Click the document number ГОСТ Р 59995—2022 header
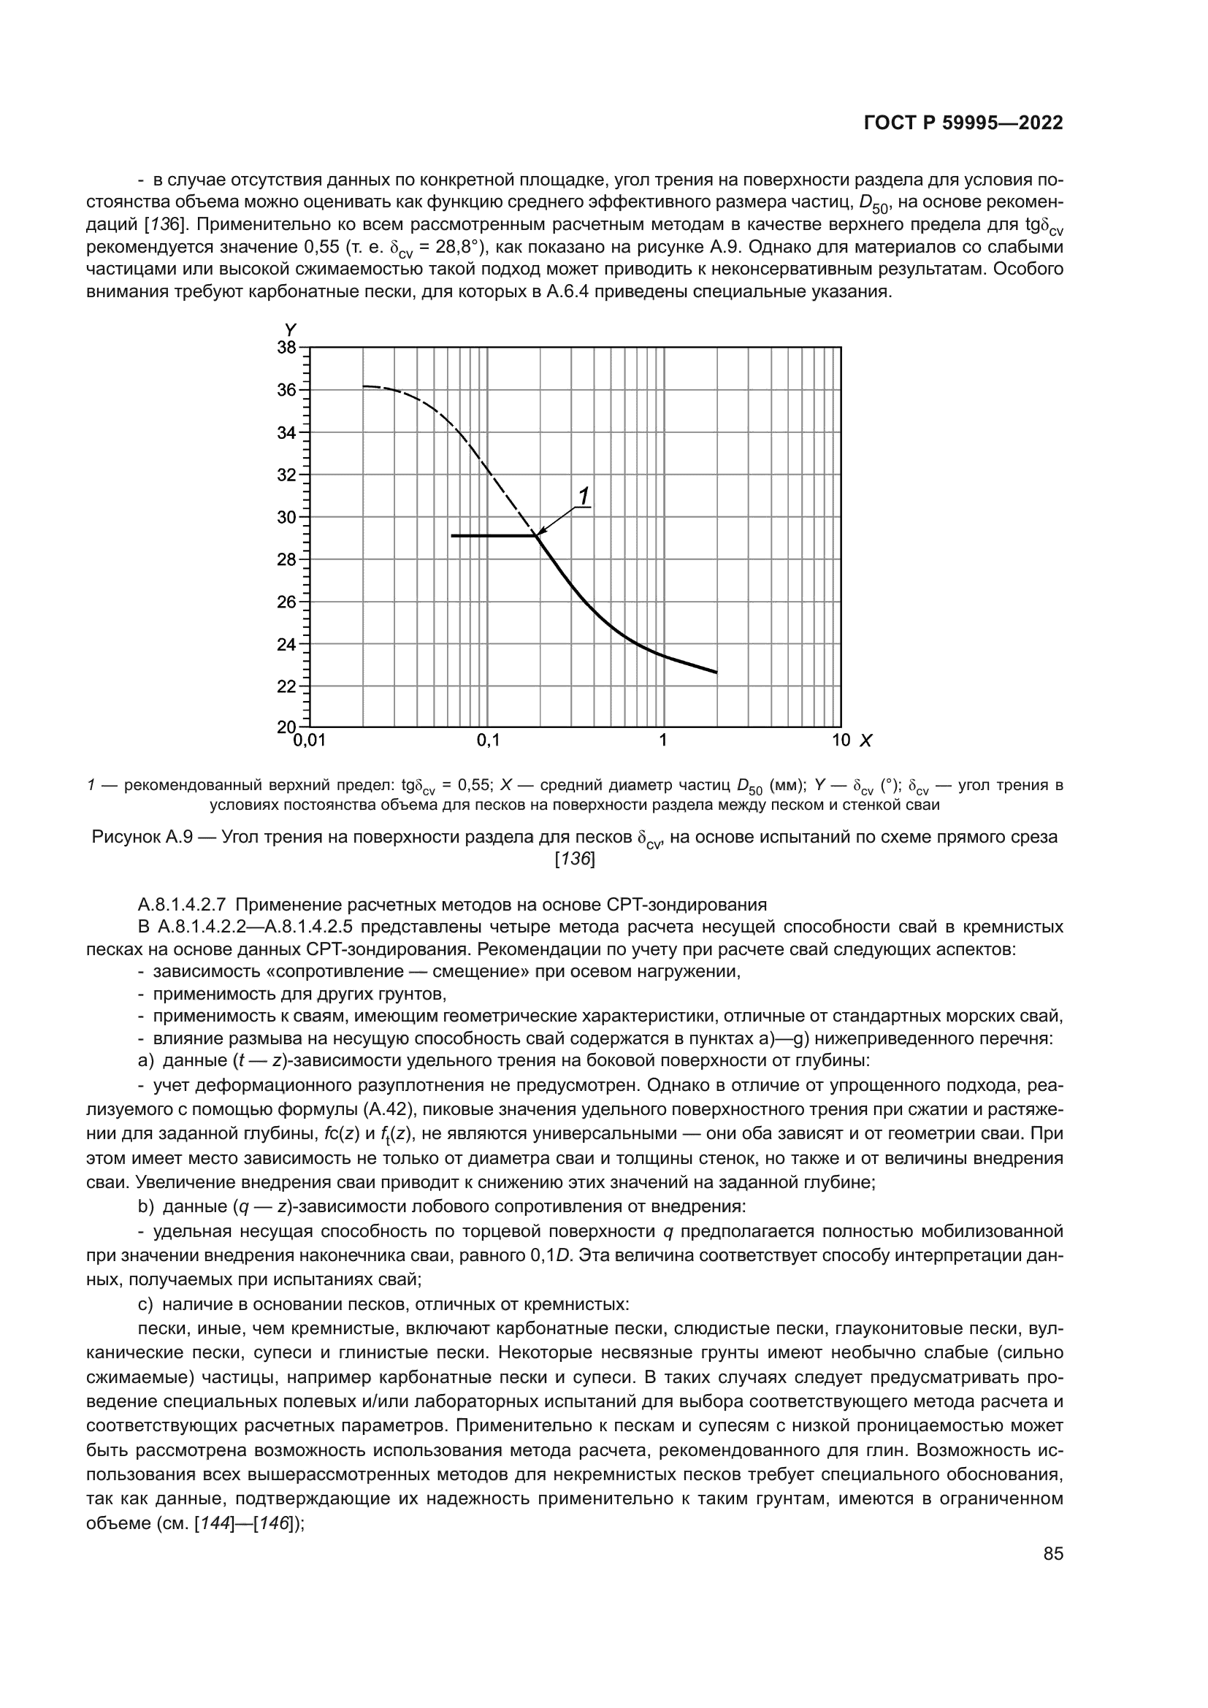click(963, 123)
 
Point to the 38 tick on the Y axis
click(286, 348)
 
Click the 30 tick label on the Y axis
click(286, 517)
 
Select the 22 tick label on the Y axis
click(286, 686)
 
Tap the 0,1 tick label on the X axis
click(488, 741)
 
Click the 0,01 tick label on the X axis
click(310, 741)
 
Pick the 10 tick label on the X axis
click(841, 741)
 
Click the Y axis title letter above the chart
click(291, 329)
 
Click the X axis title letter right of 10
click(866, 741)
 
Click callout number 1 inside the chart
click(584, 495)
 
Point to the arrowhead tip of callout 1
click(537, 535)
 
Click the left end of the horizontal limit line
click(452, 535)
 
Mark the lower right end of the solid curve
click(716, 673)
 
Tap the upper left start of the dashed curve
click(364, 386)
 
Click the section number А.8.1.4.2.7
click(183, 905)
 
